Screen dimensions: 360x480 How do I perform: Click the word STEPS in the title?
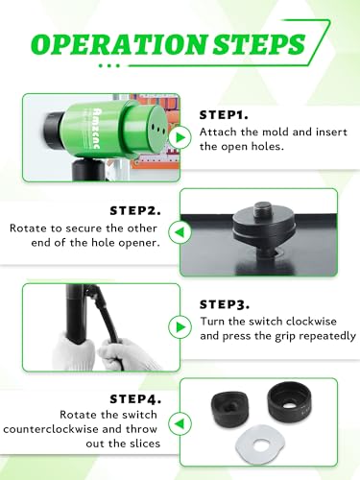[x=259, y=44]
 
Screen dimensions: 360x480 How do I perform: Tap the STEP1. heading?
[x=224, y=115]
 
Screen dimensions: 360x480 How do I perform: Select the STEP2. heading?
[x=135, y=211]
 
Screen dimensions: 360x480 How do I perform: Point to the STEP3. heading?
[x=225, y=304]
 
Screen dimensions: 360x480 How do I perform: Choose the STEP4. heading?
[x=135, y=399]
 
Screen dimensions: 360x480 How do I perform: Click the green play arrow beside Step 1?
[x=180, y=137]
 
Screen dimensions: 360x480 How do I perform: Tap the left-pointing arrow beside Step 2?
[x=180, y=232]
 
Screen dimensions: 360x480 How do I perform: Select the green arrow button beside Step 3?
[x=180, y=327]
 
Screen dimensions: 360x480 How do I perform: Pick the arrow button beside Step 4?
[x=180, y=423]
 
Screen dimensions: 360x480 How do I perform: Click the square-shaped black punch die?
[x=229, y=409]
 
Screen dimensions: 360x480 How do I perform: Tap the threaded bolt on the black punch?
[x=264, y=209]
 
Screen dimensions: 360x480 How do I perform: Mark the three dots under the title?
[x=109, y=66]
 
